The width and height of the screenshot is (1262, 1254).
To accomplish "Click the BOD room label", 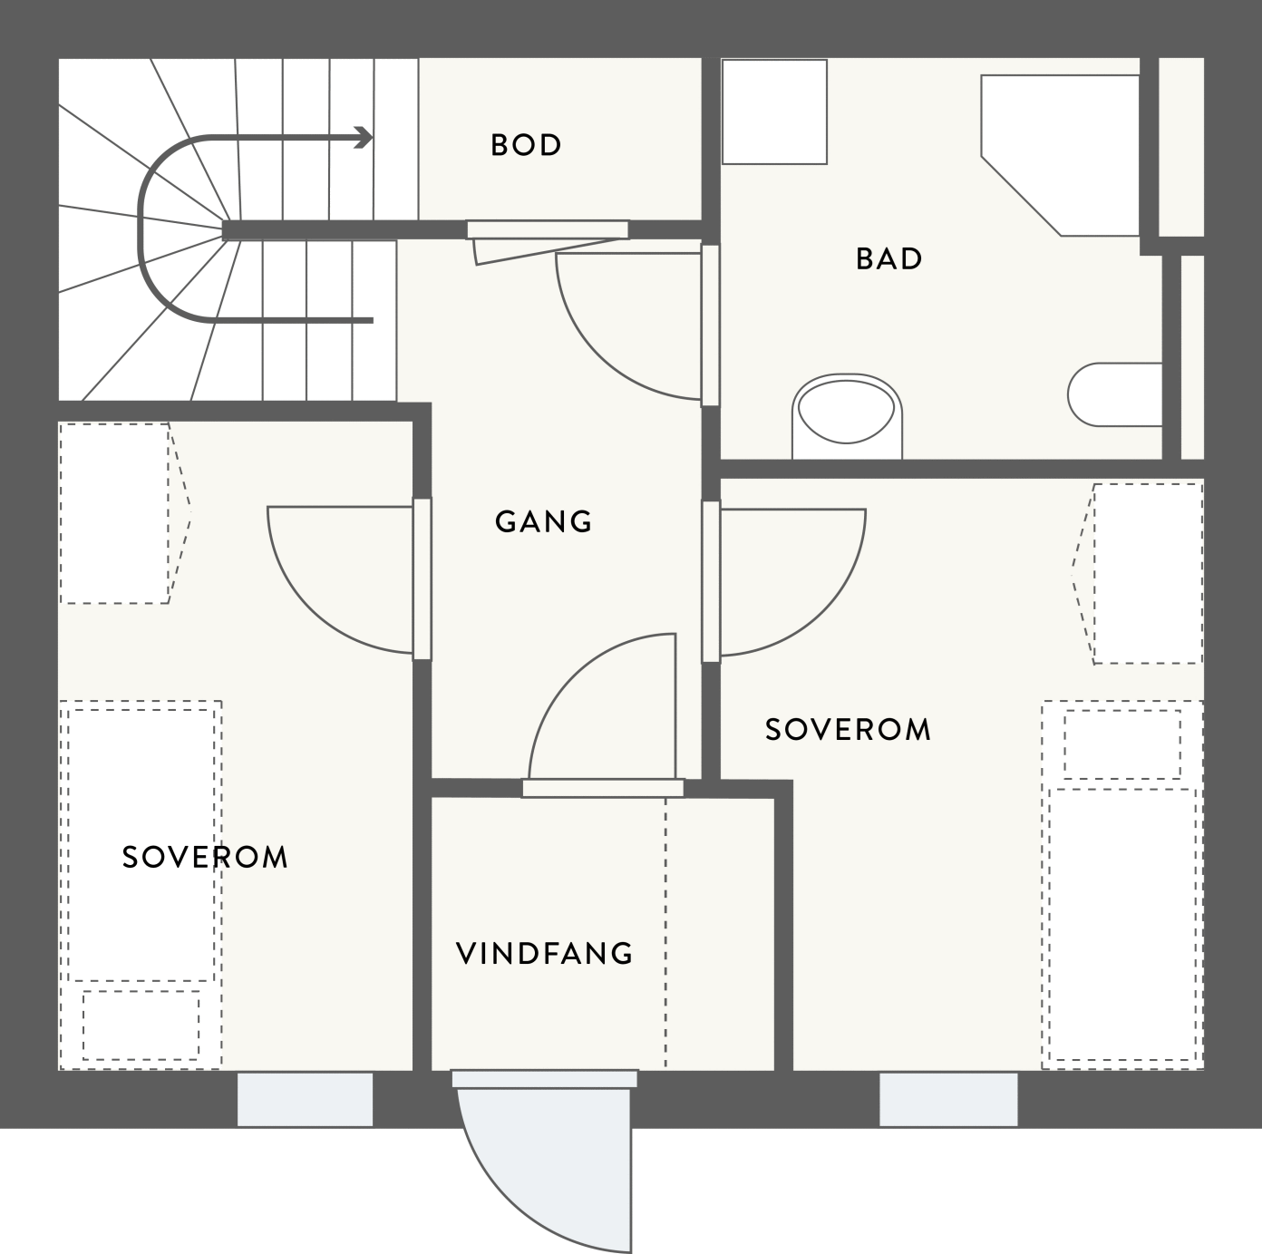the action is [526, 145].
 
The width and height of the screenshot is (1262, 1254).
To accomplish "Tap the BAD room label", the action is [888, 258].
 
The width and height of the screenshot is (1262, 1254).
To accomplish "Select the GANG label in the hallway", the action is [543, 521].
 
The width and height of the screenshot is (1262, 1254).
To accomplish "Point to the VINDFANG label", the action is [544, 953].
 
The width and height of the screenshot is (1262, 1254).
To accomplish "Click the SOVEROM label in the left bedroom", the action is [205, 857].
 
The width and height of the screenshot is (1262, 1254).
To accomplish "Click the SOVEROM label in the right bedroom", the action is [848, 729].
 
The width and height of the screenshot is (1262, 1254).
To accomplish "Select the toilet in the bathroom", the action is [847, 417].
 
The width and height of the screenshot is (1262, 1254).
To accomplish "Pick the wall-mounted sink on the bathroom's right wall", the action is [1114, 394].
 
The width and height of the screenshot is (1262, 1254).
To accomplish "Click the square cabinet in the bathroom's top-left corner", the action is [775, 112].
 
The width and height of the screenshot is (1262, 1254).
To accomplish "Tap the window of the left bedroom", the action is [306, 1099].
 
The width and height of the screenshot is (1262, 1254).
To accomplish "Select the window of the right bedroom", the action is [948, 1099].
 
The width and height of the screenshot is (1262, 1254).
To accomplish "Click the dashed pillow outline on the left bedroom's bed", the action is [141, 1025].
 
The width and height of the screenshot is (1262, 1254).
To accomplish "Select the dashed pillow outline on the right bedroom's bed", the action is [1122, 744].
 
